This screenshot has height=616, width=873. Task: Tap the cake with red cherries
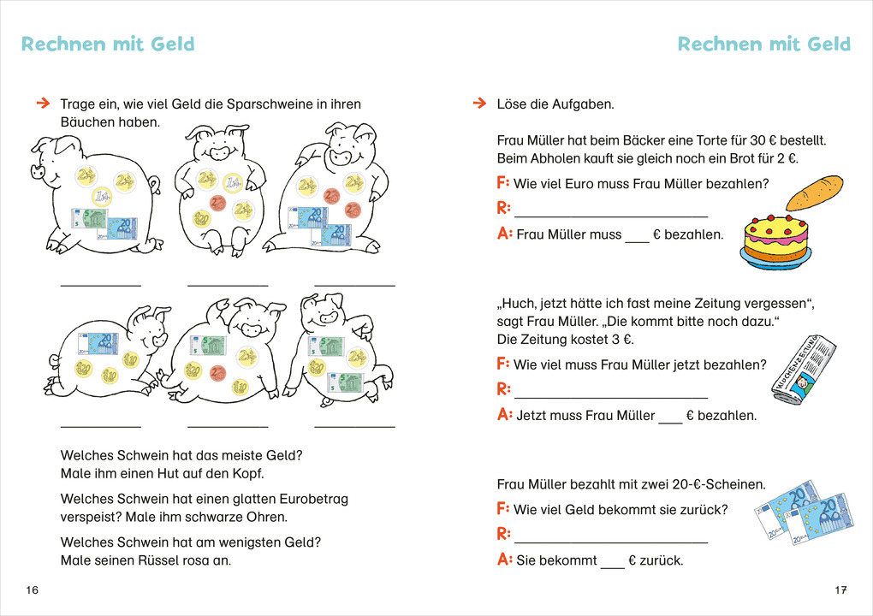[x=776, y=239]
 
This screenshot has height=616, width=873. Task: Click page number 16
[x=33, y=589]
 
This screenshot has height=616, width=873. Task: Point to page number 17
[x=840, y=589]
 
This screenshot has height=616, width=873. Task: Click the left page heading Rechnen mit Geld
[x=108, y=44]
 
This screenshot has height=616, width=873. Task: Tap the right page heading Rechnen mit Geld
[x=764, y=44]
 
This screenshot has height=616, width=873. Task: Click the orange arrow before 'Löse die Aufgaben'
[x=478, y=104]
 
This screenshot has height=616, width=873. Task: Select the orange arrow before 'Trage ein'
[x=42, y=104]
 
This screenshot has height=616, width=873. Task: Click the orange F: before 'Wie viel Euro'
[x=502, y=183]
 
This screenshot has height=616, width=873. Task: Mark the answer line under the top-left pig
[x=101, y=284]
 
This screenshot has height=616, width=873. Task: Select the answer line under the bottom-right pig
[x=354, y=425]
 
